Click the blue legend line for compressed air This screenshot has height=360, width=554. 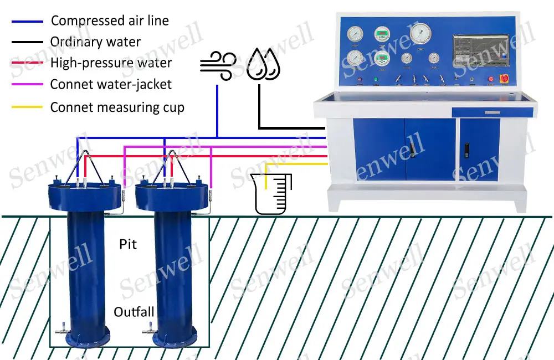(27, 22)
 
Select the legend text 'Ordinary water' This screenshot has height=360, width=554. (95, 42)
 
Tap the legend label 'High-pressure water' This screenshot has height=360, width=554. (111, 63)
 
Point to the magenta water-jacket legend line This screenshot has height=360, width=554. (27, 84)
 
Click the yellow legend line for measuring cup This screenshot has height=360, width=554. (27, 107)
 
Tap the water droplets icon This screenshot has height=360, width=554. (263, 64)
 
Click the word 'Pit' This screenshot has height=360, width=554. (128, 244)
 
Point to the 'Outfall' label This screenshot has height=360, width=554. (134, 312)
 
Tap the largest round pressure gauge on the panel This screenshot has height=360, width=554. (420, 34)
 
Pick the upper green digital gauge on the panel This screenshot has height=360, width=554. (382, 35)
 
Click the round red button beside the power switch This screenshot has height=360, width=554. (490, 80)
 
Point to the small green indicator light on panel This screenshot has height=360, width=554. (376, 80)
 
